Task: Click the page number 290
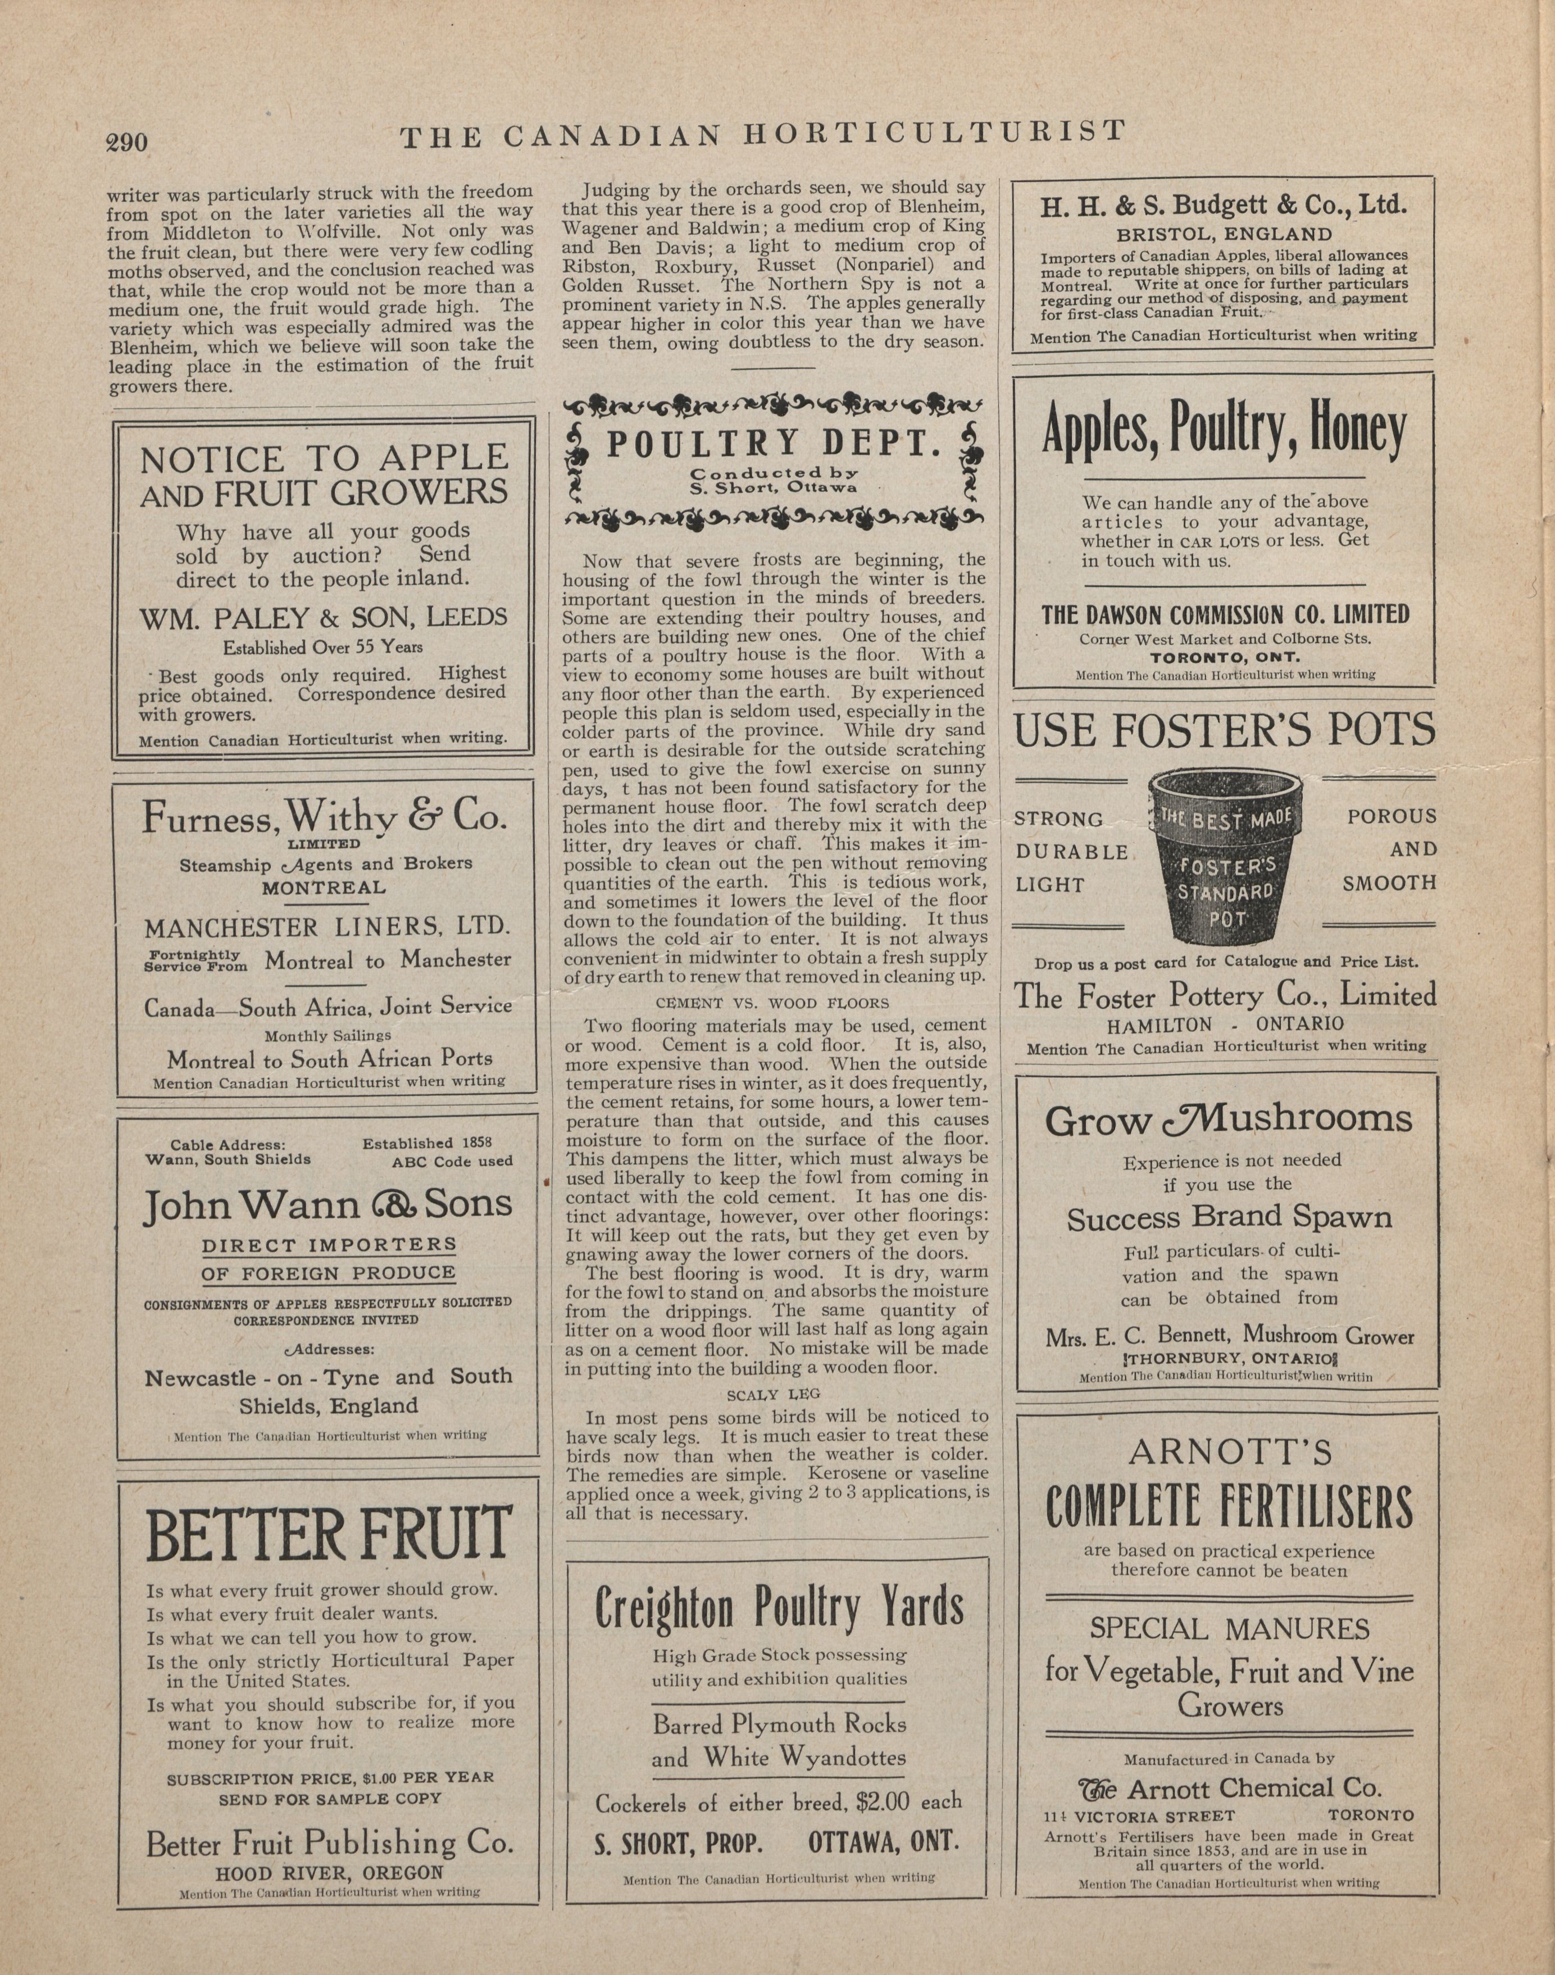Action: coord(126,142)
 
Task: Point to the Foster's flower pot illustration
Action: coord(1225,854)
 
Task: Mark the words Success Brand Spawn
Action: coord(1229,1218)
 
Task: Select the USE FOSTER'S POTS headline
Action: coord(1225,730)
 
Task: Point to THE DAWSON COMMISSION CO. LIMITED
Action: coord(1225,615)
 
